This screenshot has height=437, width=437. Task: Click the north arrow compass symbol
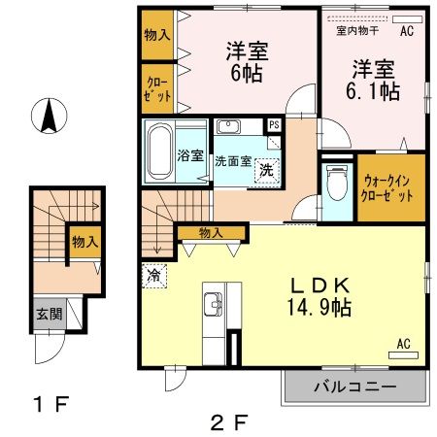click(x=46, y=118)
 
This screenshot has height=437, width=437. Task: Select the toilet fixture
click(x=336, y=181)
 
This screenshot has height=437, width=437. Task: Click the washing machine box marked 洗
click(x=265, y=171)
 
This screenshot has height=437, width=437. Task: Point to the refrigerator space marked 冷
click(x=152, y=274)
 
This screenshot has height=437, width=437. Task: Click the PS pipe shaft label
click(x=274, y=125)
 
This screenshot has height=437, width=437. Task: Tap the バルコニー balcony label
click(x=353, y=387)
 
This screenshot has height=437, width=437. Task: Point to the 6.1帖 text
click(x=376, y=90)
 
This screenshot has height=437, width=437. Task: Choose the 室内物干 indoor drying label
click(x=356, y=30)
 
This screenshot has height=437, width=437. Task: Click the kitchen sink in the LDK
click(x=212, y=309)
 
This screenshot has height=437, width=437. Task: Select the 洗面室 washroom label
click(x=232, y=160)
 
